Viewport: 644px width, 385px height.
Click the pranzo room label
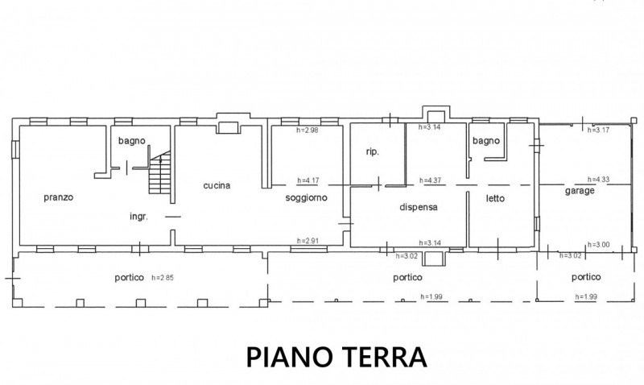(x=58, y=197)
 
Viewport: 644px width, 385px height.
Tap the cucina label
(x=217, y=186)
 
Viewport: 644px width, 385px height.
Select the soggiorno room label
(x=307, y=197)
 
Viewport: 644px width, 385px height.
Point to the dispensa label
(x=419, y=207)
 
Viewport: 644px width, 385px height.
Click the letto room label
(x=495, y=198)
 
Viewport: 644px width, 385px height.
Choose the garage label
(x=580, y=191)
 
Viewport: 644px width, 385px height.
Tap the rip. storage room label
(x=373, y=152)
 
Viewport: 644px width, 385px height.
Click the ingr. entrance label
(x=138, y=217)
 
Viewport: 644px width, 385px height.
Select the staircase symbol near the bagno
(x=159, y=172)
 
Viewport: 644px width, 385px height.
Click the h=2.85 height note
(x=163, y=278)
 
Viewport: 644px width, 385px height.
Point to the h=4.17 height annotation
(x=308, y=180)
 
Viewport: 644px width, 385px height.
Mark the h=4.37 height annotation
(x=430, y=180)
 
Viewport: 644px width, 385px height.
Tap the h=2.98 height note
(x=308, y=130)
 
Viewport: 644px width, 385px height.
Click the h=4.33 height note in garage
(x=598, y=180)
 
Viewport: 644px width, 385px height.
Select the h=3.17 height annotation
(x=598, y=130)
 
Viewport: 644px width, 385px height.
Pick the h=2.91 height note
(x=308, y=241)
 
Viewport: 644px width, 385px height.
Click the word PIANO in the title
(x=289, y=357)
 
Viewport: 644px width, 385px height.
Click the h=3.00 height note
(x=598, y=245)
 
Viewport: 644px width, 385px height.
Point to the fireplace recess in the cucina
(x=229, y=127)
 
